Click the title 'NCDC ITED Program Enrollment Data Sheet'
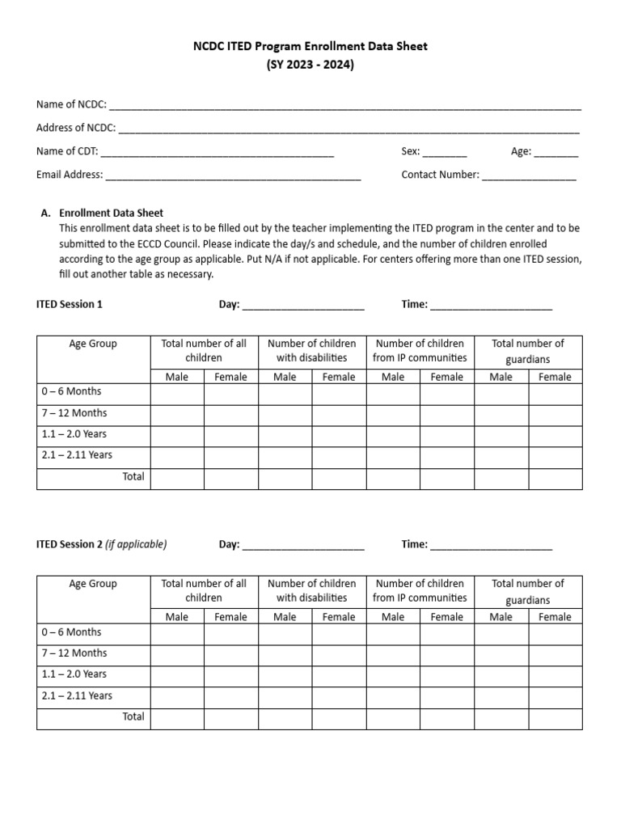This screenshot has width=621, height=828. click(310, 47)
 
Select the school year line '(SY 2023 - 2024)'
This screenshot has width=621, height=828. click(310, 65)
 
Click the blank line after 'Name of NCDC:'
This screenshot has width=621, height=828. click(344, 106)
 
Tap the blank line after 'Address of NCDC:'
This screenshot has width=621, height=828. click(349, 129)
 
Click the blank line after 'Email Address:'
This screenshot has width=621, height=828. click(233, 175)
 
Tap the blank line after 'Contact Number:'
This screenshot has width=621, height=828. click(530, 175)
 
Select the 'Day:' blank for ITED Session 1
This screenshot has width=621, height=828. click(303, 306)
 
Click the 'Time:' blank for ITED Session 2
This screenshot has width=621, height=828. click(491, 546)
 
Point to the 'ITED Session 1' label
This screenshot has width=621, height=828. click(70, 305)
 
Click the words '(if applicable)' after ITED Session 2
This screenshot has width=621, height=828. click(136, 545)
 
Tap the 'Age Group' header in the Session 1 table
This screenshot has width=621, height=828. click(93, 344)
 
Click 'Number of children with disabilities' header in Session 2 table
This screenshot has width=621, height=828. click(311, 591)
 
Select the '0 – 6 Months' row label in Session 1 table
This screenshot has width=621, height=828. click(71, 392)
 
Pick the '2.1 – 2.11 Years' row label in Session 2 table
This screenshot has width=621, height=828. click(77, 695)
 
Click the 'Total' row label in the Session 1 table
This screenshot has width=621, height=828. click(133, 477)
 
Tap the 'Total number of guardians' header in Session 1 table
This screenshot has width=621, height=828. click(527, 351)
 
